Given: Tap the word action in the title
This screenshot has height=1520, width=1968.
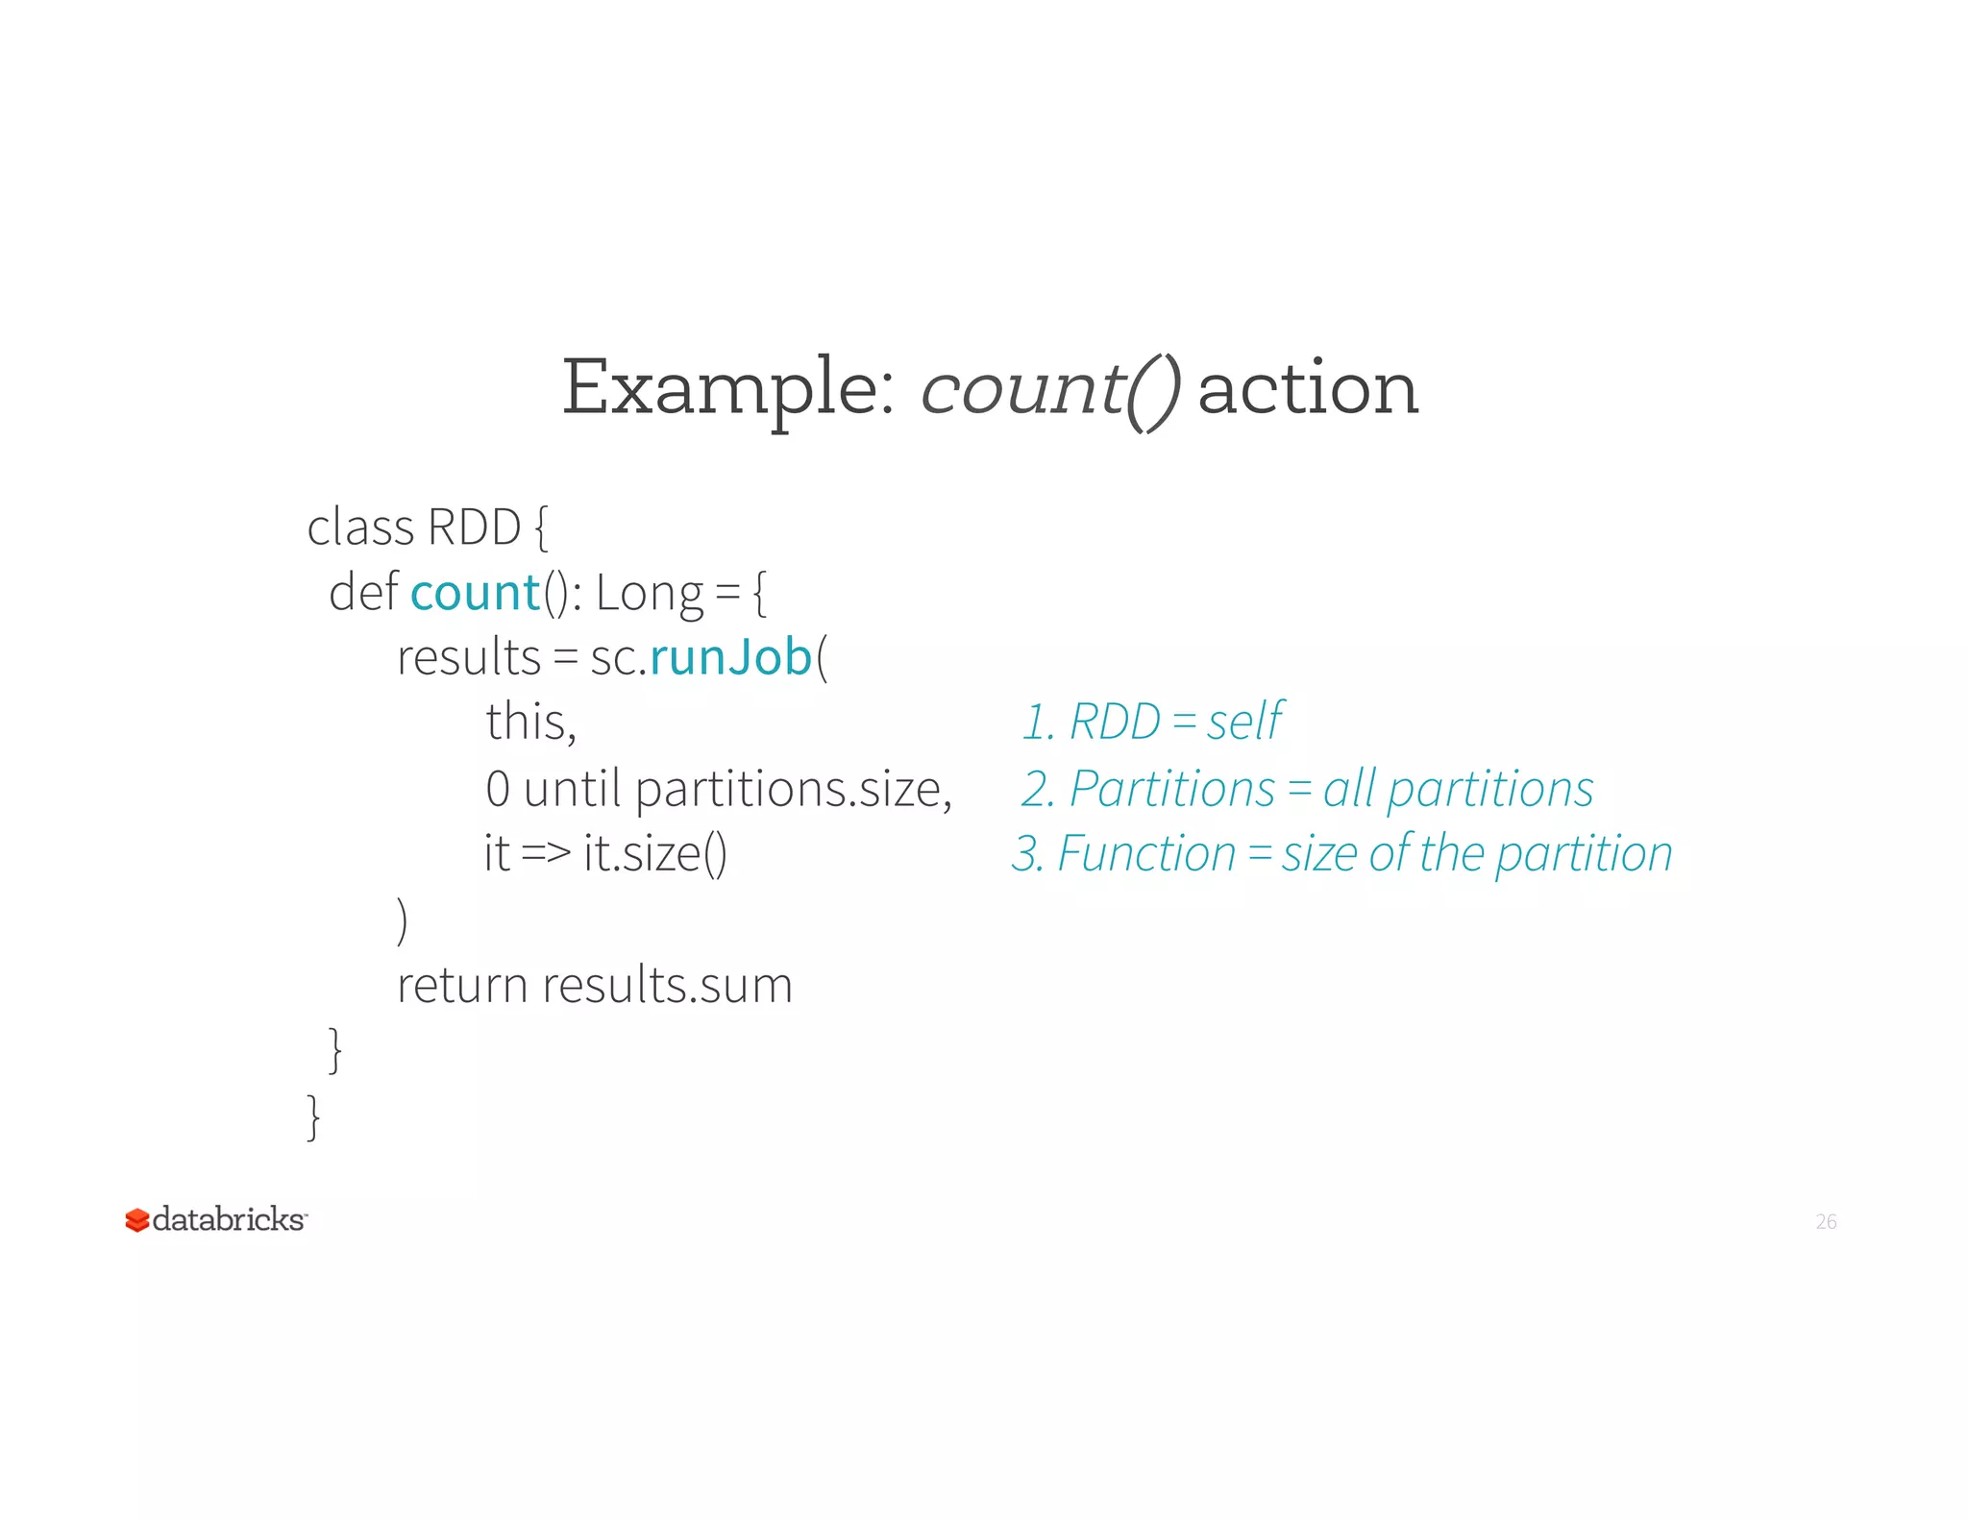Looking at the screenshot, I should [1308, 389].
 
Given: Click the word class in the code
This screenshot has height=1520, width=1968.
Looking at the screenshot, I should [359, 527].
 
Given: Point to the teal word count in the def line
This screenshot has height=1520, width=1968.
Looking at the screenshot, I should [475, 593].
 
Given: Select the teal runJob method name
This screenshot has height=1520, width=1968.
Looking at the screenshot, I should [731, 658].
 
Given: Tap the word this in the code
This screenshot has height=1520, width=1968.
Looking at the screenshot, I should [529, 722].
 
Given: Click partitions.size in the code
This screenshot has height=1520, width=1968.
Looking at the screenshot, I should [793, 790].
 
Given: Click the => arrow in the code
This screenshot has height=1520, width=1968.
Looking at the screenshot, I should [546, 853].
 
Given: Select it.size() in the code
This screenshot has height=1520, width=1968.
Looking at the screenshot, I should [655, 853].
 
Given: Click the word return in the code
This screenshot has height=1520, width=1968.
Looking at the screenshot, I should [462, 986].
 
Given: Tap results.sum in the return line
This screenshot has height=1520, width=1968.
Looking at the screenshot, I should [667, 986].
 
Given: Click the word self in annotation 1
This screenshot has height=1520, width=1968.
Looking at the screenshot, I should [1244, 722].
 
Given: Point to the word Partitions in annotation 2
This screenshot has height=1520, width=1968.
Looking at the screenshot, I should [1171, 790].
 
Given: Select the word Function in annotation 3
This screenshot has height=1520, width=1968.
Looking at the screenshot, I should [1146, 854].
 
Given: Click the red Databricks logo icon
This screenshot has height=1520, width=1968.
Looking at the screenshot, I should [136, 1220].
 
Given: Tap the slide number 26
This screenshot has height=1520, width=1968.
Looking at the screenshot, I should [1826, 1222].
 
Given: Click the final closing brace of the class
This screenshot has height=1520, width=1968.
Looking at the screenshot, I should [313, 1116].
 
